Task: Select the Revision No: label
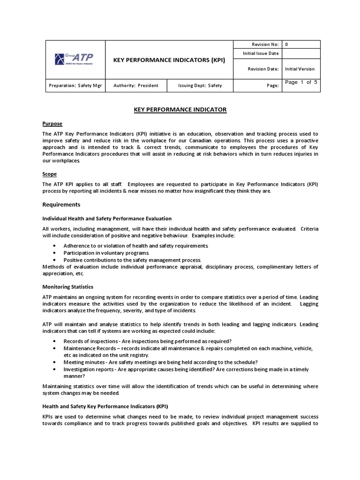point(265,45)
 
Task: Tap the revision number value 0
point(286,45)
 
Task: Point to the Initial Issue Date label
point(261,53)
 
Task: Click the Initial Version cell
point(300,69)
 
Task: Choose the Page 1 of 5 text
point(301,82)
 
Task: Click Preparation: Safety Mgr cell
point(75,86)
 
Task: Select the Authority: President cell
point(136,86)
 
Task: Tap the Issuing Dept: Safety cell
point(200,86)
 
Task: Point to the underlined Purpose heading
point(52,124)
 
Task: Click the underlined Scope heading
point(50,174)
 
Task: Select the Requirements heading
point(61,204)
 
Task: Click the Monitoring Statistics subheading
point(68,286)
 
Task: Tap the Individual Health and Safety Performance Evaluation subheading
point(107,218)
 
